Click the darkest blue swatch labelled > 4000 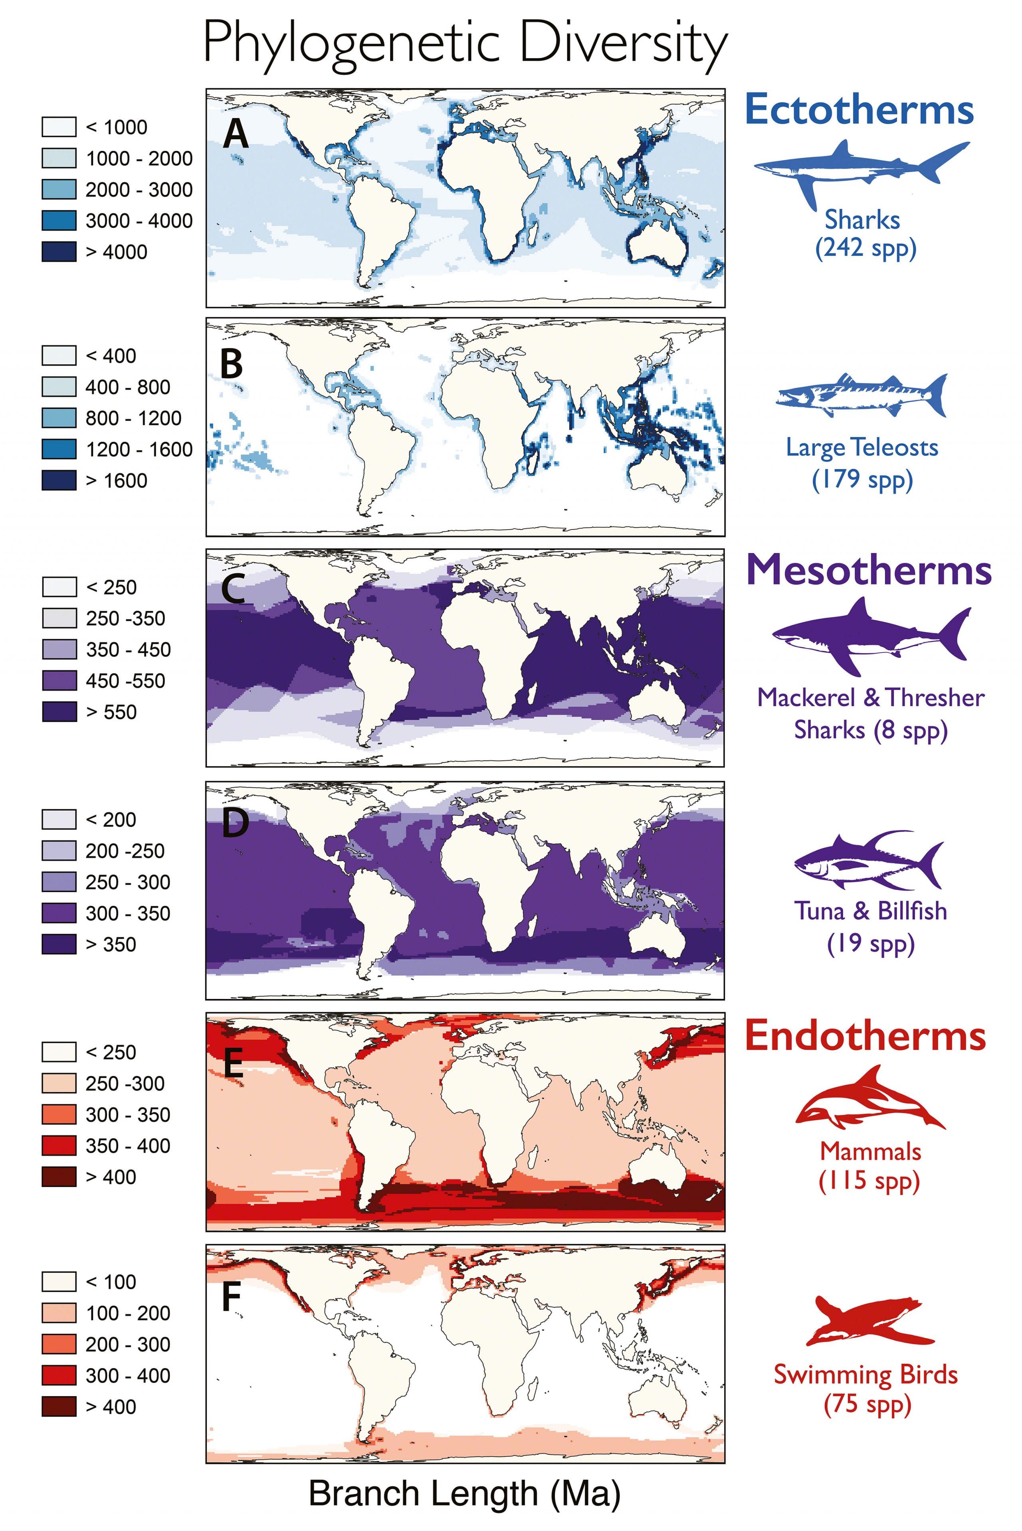[x=59, y=251]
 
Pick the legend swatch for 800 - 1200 [x=59, y=418]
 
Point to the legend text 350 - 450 [x=128, y=650]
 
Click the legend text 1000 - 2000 [x=139, y=158]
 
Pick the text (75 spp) [x=867, y=1404]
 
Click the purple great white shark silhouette [x=870, y=635]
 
